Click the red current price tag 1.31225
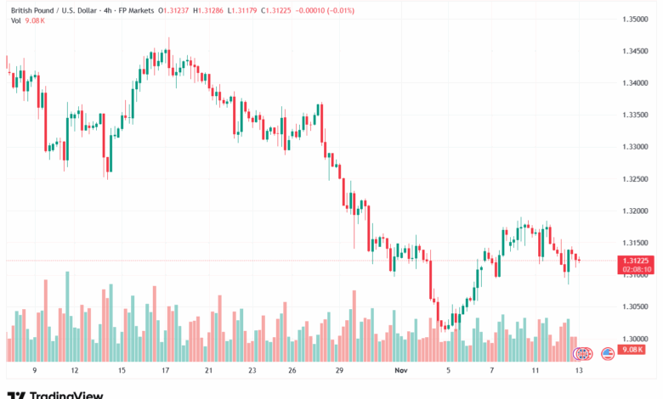point(637,261)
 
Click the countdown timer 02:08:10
point(637,270)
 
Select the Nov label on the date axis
point(401,371)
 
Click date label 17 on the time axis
point(165,371)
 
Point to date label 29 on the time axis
point(338,371)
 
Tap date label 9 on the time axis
point(34,371)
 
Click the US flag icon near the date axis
point(608,353)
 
